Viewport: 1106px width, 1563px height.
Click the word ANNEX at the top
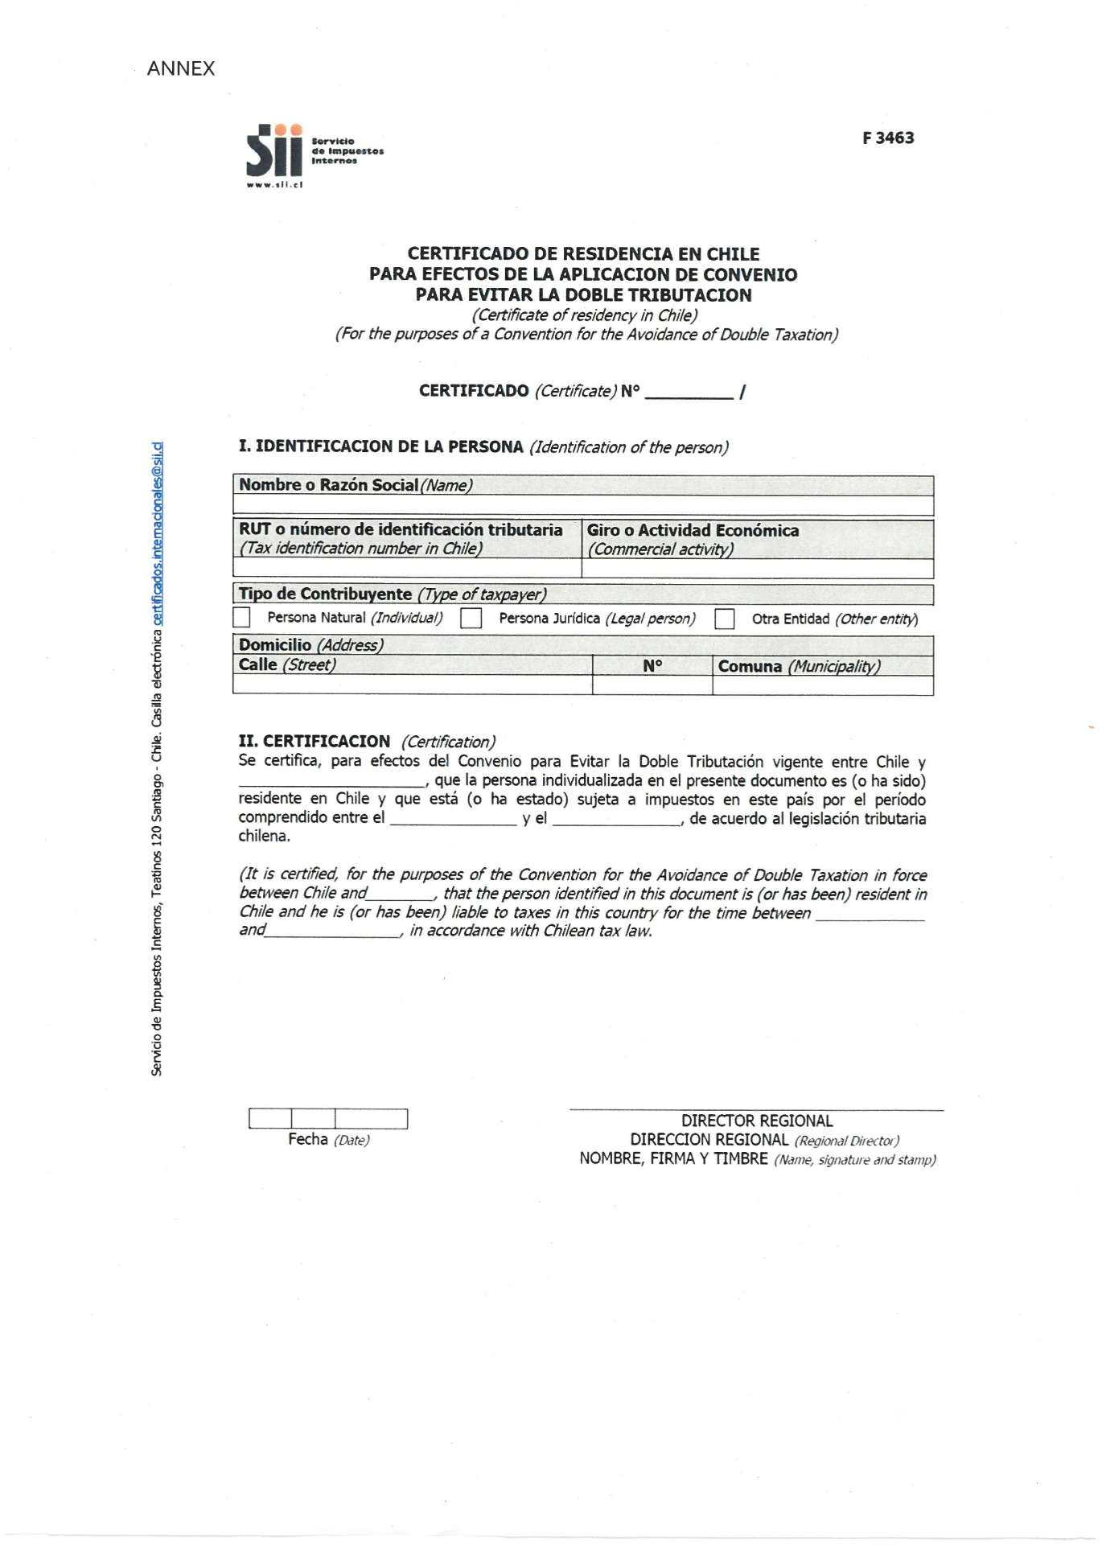pyautogui.click(x=181, y=68)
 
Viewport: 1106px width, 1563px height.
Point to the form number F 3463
pyautogui.click(x=888, y=138)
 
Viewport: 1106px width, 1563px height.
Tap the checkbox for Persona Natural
pyautogui.click(x=241, y=617)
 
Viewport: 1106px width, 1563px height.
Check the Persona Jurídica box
pyautogui.click(x=471, y=618)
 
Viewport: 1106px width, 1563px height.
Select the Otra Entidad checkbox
pyautogui.click(x=725, y=619)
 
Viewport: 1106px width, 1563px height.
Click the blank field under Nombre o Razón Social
pyautogui.click(x=582, y=505)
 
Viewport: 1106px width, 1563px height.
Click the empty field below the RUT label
pyautogui.click(x=407, y=568)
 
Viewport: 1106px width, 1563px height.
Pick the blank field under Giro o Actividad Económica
pyautogui.click(x=757, y=568)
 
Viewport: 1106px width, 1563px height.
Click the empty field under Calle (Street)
pyautogui.click(x=412, y=685)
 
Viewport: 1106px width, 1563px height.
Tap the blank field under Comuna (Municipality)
pyautogui.click(x=822, y=685)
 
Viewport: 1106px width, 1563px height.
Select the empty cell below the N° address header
pyautogui.click(x=652, y=685)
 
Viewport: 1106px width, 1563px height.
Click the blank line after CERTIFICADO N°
pyautogui.click(x=689, y=393)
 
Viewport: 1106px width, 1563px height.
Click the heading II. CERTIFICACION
pyautogui.click(x=315, y=741)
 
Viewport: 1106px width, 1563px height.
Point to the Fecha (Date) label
pyautogui.click(x=328, y=1139)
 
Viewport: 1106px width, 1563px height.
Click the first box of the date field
pyautogui.click(x=270, y=1118)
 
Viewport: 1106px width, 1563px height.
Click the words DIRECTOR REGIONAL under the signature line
pyautogui.click(x=756, y=1121)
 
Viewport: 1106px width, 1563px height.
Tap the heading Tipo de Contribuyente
pyautogui.click(x=325, y=594)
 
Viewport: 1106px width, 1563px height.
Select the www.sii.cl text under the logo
pyautogui.click(x=274, y=185)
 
